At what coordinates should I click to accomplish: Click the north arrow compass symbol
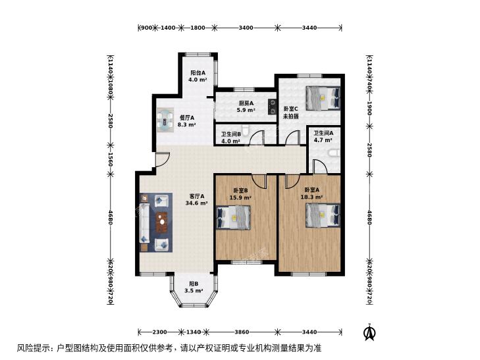coord(369,332)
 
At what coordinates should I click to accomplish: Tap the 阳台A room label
coord(198,73)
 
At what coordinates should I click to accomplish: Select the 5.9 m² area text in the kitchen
coord(246,110)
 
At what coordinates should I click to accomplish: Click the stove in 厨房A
coord(271,107)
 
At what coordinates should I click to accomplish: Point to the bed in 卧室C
coord(323,98)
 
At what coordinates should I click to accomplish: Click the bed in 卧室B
coord(233,217)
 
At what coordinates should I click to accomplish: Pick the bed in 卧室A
coord(323,215)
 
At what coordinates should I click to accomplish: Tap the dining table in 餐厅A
coord(165,120)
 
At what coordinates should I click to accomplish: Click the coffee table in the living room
coord(162,222)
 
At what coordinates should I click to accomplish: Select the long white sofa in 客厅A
coord(144,223)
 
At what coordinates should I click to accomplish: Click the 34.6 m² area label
coord(197,203)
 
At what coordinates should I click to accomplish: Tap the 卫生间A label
coord(323,133)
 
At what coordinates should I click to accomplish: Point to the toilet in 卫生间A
coord(334,153)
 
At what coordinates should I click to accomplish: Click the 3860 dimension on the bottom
coord(242,332)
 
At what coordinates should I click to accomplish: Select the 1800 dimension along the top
coord(198,28)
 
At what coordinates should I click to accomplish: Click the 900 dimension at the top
coord(146,28)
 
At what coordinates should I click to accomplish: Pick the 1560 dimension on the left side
coord(110,159)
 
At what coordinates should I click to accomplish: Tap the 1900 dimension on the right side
coord(369,109)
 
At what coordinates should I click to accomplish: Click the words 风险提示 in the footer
coord(36,348)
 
